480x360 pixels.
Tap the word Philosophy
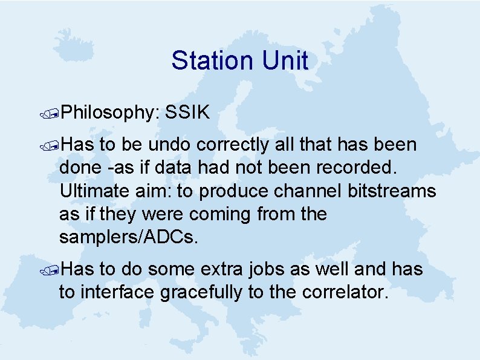tap(109, 113)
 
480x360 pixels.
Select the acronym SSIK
tap(187, 112)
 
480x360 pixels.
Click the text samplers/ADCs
tap(129, 238)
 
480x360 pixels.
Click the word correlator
tap(339, 292)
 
